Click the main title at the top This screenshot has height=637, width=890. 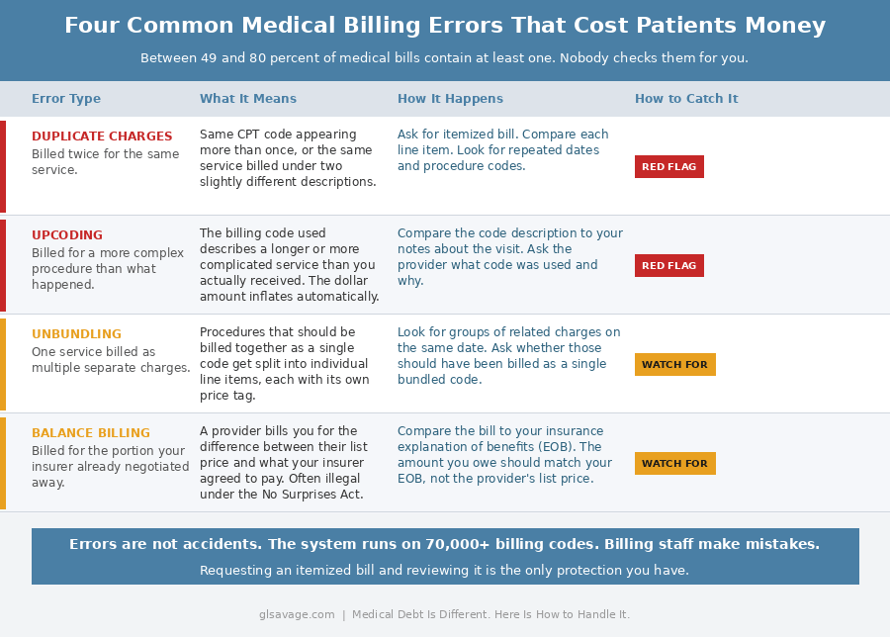(445, 26)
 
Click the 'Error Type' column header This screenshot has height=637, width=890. (66, 99)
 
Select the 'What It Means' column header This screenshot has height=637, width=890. (248, 99)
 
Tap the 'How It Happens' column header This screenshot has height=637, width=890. (450, 99)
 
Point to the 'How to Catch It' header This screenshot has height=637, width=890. (686, 99)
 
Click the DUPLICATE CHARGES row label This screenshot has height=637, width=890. (102, 136)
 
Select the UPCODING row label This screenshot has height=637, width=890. (67, 235)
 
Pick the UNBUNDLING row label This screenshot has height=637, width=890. (76, 334)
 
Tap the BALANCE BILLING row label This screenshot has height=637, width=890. (91, 433)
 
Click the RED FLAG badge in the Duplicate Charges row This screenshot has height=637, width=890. (669, 166)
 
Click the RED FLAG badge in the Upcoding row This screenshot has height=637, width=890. (669, 265)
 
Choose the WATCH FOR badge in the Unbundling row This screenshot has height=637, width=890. (674, 364)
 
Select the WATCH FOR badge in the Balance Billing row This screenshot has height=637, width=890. (674, 463)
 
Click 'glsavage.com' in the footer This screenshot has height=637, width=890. (297, 614)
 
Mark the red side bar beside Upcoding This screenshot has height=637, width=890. (3, 265)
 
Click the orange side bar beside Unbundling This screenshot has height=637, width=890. (3, 364)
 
